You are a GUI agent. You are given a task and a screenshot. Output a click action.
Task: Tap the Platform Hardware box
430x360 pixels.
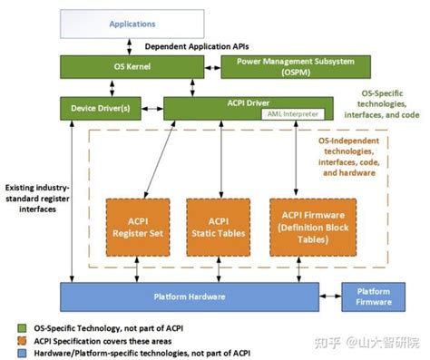[190, 297]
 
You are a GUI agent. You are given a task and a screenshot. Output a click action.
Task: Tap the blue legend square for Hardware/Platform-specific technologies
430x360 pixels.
[9, 353]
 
